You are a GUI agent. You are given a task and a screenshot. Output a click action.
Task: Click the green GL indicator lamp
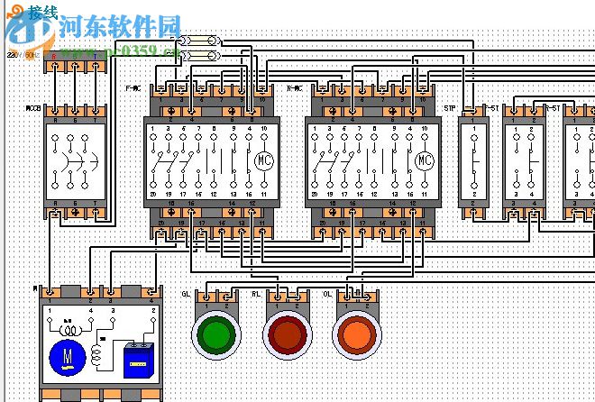[215, 334]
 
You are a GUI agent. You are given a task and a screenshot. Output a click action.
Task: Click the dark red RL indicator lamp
[286, 334]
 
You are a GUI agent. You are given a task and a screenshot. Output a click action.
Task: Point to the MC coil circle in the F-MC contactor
[264, 160]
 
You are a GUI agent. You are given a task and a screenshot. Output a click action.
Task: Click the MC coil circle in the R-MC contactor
[424, 160]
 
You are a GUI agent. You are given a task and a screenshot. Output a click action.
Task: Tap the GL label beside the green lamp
[186, 295]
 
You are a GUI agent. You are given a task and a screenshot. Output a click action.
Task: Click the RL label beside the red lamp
[256, 295]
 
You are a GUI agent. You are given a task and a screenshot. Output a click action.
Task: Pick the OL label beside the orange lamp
[328, 295]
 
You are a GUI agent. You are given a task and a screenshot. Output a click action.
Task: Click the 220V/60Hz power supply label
[20, 56]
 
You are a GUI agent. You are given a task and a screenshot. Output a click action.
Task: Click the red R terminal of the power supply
[53, 56]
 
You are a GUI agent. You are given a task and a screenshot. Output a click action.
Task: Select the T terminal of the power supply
[96, 56]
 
